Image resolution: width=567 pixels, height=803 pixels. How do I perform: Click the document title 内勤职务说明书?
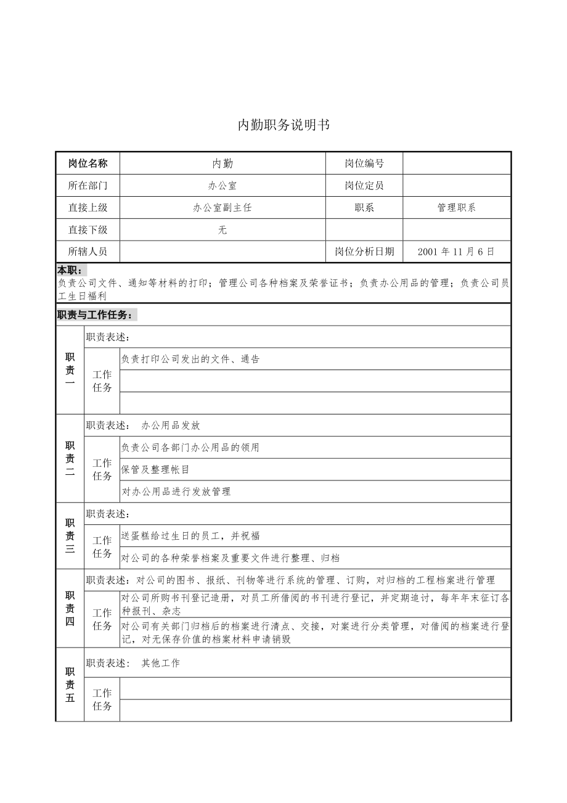(x=283, y=125)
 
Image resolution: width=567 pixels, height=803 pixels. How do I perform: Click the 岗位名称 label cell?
(x=88, y=163)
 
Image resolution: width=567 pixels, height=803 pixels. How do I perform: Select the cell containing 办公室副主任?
(x=222, y=208)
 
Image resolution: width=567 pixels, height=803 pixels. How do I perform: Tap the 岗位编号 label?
(x=364, y=163)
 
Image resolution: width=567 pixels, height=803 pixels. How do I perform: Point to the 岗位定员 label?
(x=364, y=186)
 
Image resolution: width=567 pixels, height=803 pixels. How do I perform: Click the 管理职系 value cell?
(x=456, y=208)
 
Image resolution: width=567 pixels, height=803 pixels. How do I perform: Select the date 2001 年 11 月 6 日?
(x=456, y=252)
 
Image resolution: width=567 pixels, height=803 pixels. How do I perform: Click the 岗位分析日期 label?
(x=364, y=252)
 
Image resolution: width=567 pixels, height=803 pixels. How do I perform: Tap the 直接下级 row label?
(x=88, y=230)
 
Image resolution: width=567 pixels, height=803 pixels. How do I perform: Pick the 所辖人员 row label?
(x=88, y=252)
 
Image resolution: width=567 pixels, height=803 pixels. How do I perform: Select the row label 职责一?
(x=70, y=370)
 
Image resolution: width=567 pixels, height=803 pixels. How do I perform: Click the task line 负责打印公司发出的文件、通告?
(x=190, y=359)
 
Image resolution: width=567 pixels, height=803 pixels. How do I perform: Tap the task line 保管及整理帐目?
(x=156, y=469)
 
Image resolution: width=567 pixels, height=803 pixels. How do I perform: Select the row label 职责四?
(x=70, y=608)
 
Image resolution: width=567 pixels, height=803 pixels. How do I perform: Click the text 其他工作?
(x=161, y=664)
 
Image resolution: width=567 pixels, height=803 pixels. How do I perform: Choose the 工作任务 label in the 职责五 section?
(x=102, y=699)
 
